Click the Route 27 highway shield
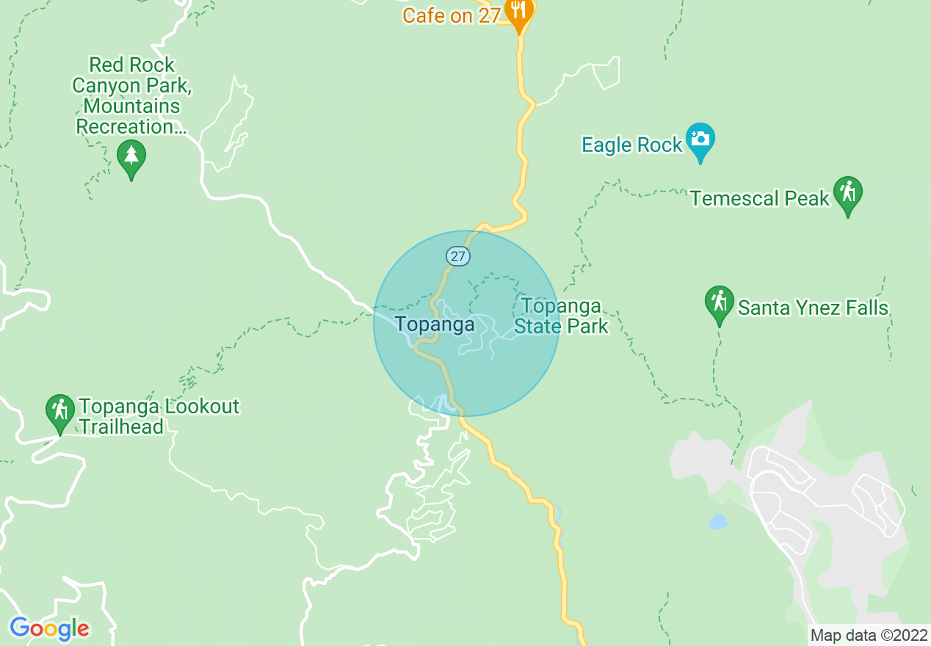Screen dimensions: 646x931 point(458,256)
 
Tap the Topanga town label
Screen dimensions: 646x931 point(435,324)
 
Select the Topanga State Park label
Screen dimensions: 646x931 point(560,316)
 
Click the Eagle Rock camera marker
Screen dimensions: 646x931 point(700,140)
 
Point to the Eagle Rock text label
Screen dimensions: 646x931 point(632,145)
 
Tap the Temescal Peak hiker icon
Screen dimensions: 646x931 point(848,194)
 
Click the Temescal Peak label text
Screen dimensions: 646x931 point(760,198)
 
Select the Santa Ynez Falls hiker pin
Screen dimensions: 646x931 point(720,302)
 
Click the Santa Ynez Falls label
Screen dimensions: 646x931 point(813,308)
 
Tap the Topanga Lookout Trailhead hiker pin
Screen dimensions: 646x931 point(59,411)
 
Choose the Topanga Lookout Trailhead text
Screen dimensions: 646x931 point(159,416)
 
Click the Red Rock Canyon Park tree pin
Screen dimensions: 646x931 point(131,156)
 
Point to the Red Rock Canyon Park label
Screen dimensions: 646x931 point(131,95)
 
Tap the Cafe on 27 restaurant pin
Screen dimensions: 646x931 point(520,12)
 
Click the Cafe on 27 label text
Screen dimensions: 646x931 point(452,15)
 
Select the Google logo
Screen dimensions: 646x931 point(49,628)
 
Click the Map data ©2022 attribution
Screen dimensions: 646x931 point(869,635)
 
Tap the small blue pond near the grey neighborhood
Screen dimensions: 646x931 point(718,522)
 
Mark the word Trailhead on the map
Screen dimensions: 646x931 point(121,427)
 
